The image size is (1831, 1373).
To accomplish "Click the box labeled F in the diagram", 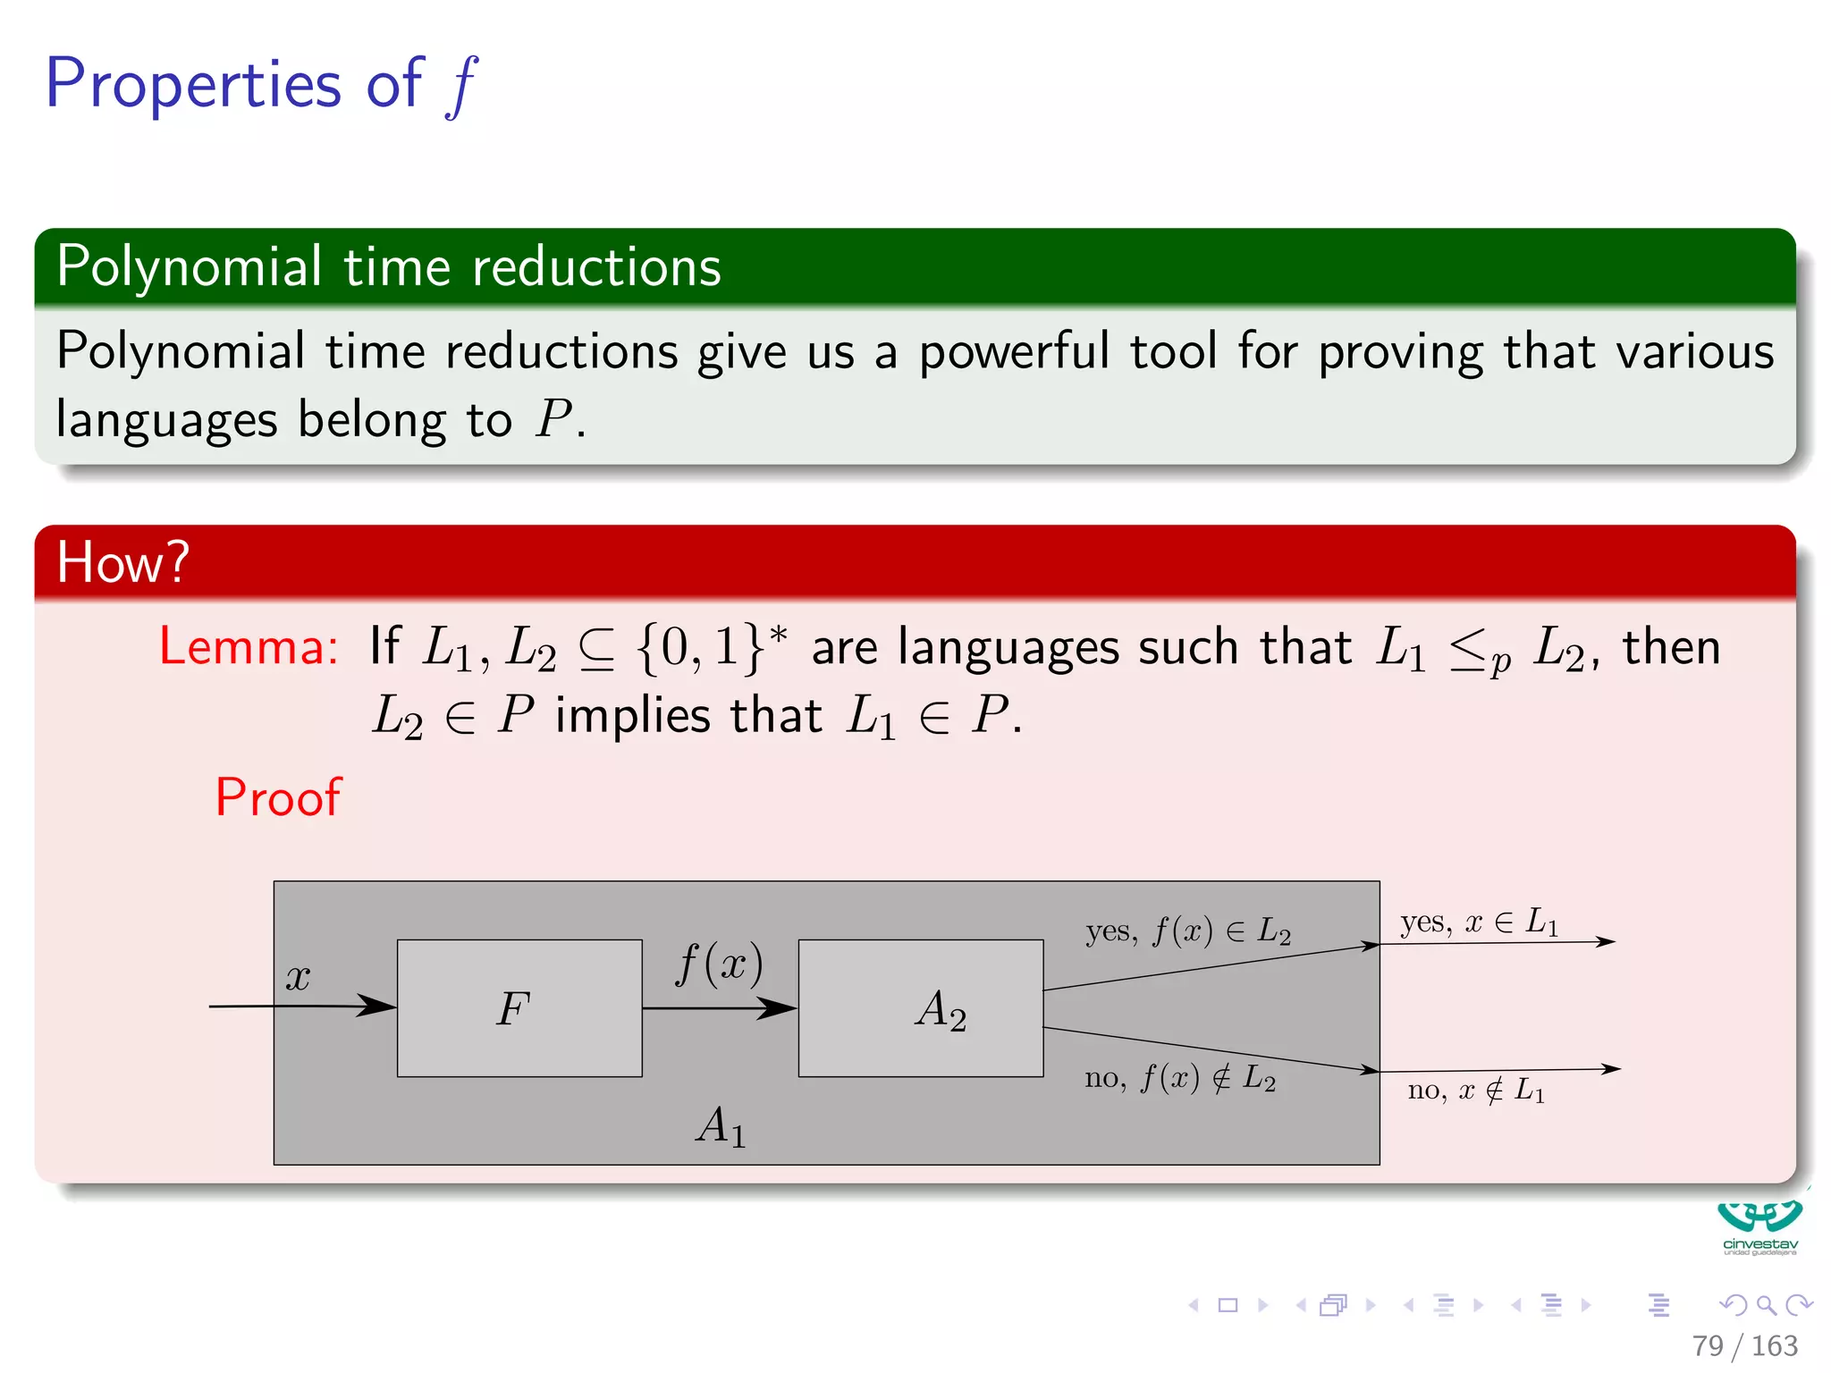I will tap(519, 1007).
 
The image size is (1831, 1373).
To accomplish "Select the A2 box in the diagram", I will tap(920, 1007).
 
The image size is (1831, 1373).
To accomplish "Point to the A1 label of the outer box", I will tap(721, 1126).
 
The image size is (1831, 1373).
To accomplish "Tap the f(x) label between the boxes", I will tap(720, 964).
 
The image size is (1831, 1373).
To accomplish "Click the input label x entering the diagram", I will tap(298, 977).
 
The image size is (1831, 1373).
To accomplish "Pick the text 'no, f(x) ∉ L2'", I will tap(1180, 1078).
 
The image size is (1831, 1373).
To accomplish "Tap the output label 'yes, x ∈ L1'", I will tap(1479, 922).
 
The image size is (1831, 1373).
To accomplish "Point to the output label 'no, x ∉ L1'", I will tap(1476, 1090).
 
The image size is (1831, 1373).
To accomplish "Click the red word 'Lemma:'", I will tap(249, 646).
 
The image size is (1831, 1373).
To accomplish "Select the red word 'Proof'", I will tap(278, 796).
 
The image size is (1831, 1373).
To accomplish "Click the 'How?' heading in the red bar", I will tap(122, 562).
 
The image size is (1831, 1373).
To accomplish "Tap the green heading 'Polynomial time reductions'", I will tap(388, 266).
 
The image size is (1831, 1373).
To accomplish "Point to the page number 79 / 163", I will tap(1743, 1345).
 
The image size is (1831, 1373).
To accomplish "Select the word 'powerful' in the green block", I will tap(1014, 351).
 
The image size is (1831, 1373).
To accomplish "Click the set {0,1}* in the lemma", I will tap(713, 646).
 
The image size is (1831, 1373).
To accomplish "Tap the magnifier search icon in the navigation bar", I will tap(1766, 1305).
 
